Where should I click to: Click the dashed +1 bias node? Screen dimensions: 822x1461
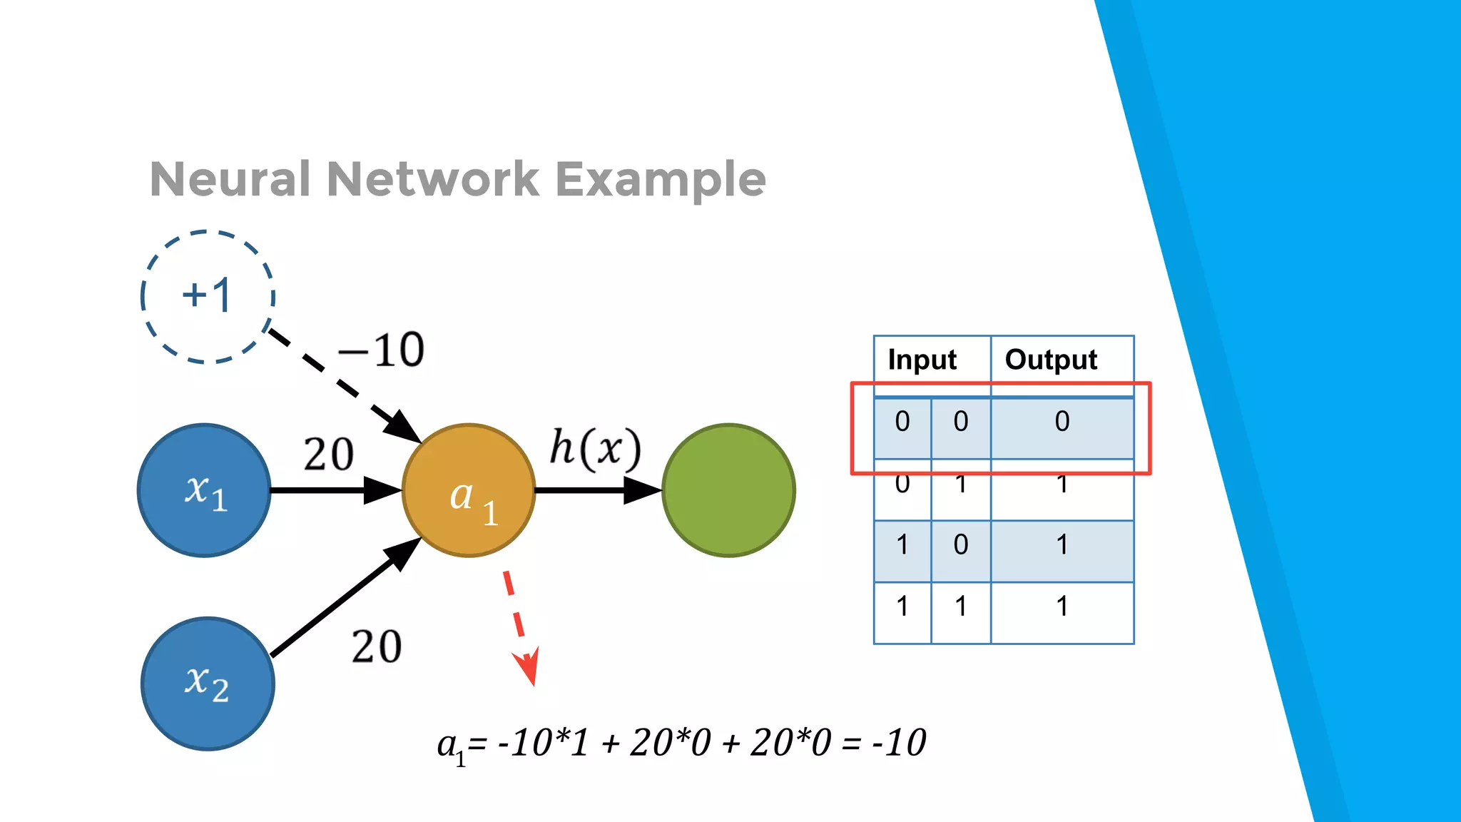[x=208, y=296]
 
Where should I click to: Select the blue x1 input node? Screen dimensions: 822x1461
[x=205, y=490]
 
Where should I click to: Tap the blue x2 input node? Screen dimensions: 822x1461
[x=208, y=683]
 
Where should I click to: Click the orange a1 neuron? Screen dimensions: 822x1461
[x=469, y=490]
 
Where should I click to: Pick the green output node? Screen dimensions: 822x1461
[x=728, y=490]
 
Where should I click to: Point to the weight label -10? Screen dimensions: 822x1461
[x=382, y=350]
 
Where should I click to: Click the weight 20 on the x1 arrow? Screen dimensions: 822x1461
[x=328, y=455]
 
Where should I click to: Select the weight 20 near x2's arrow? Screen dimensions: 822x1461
[x=376, y=647]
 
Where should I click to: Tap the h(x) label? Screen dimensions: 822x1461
[x=595, y=450]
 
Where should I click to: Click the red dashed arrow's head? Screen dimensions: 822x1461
[x=529, y=667]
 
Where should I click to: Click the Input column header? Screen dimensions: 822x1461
[x=922, y=360]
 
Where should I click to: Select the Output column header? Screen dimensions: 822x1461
[x=1051, y=360]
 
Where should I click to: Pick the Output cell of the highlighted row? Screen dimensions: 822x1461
[x=1062, y=422]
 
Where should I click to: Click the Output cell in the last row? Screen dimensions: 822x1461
[x=1062, y=607]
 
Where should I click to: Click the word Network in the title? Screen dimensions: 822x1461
[x=433, y=178]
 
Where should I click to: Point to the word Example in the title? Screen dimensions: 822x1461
[x=661, y=180]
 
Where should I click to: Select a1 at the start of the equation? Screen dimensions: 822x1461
[x=450, y=746]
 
